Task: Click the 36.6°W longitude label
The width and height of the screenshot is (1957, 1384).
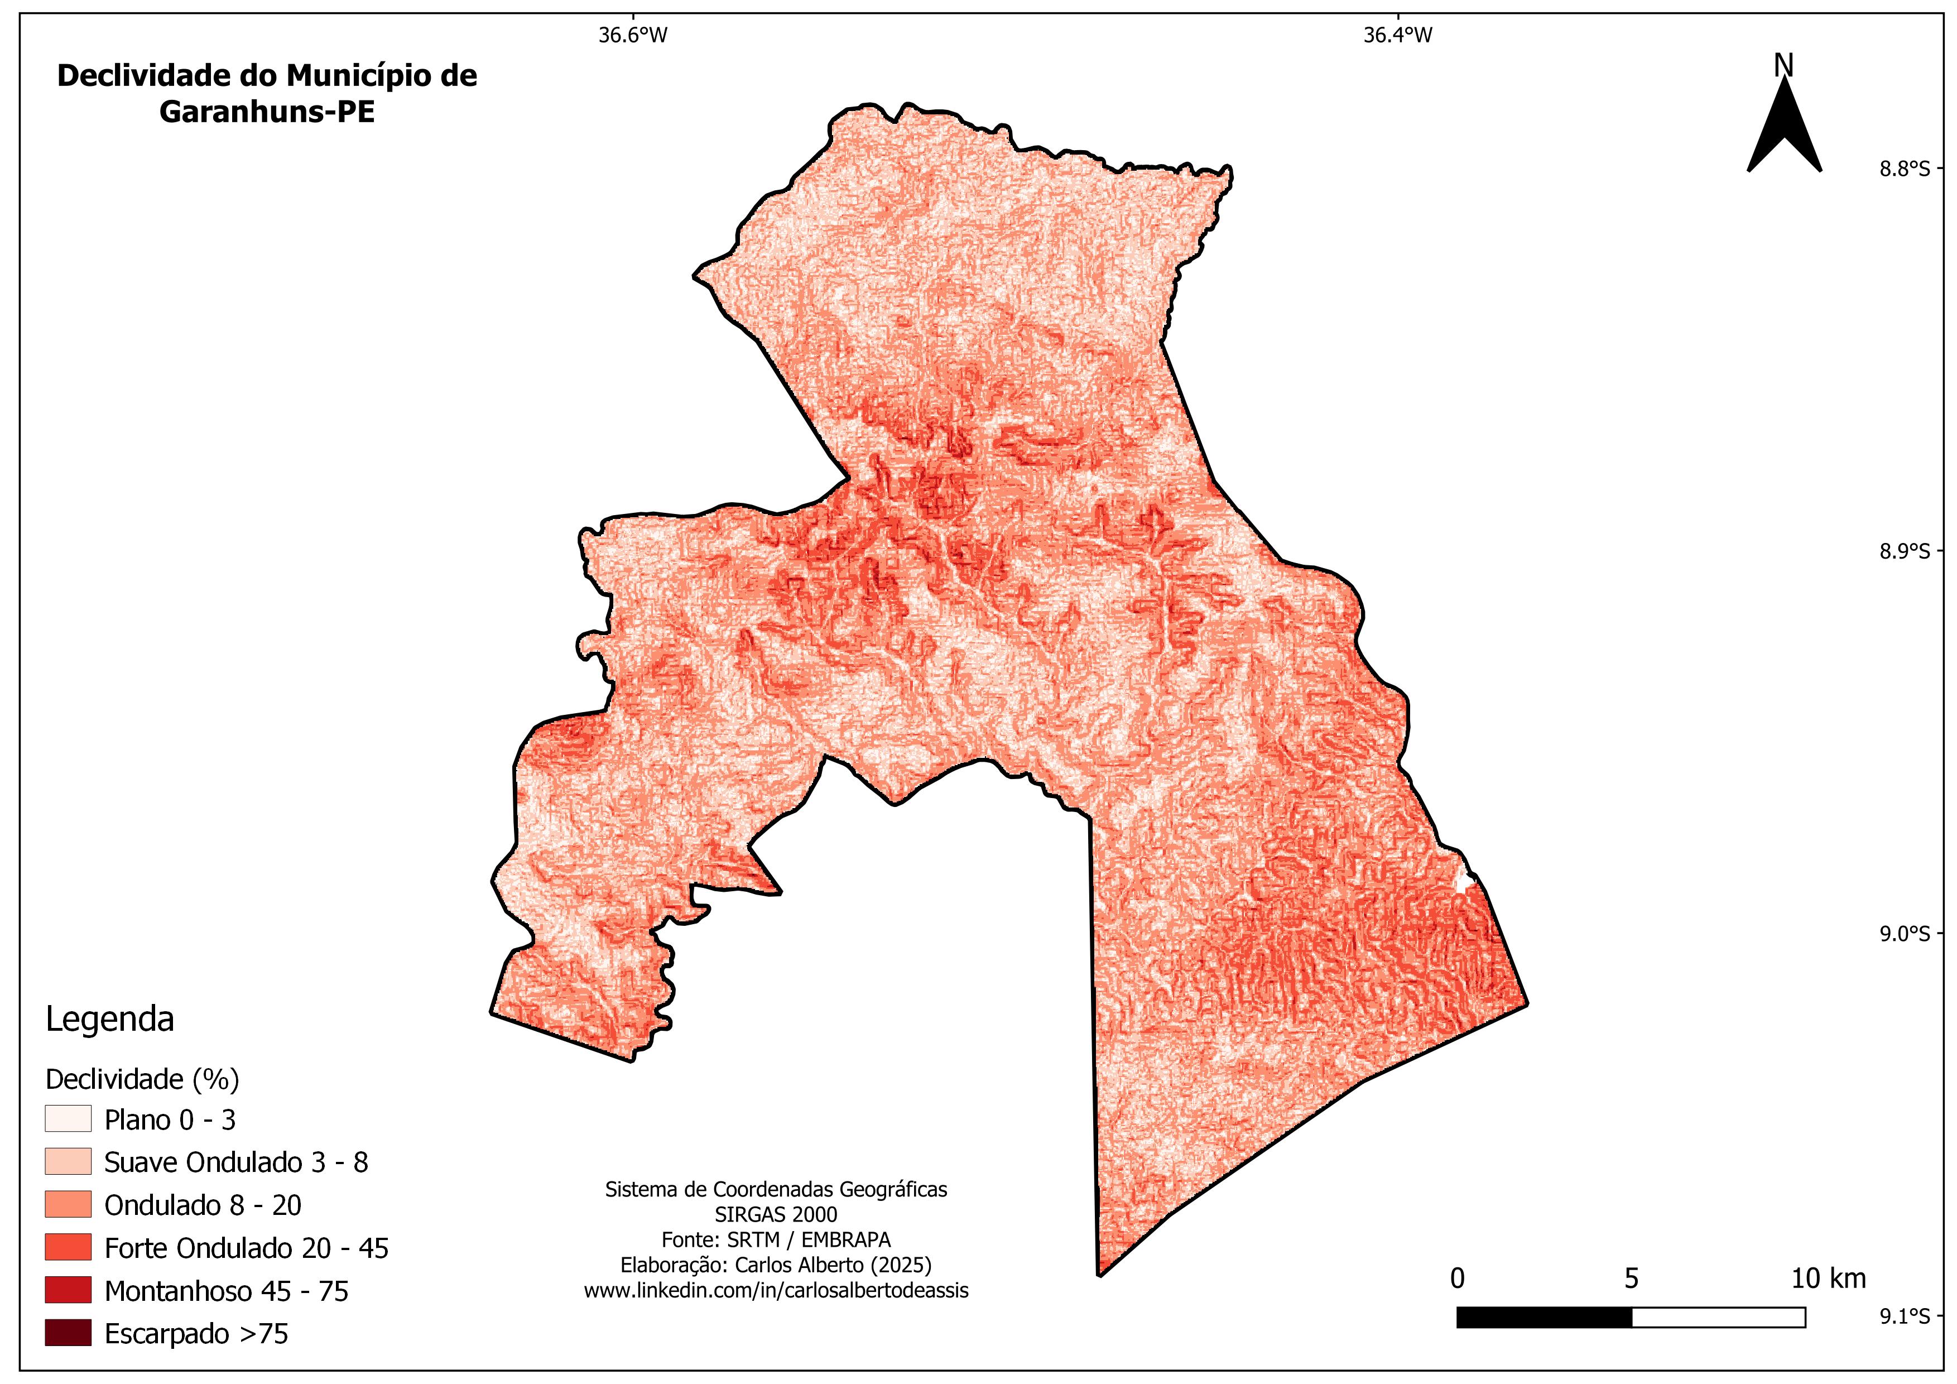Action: coord(632,35)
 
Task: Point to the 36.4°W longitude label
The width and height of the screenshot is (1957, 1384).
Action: coord(1398,35)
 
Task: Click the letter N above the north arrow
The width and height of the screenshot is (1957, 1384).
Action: coord(1783,66)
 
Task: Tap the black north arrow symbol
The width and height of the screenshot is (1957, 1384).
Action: coord(1784,132)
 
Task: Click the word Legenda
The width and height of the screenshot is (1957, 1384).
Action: coord(109,1019)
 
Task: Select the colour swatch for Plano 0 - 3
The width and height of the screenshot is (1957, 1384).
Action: coord(68,1119)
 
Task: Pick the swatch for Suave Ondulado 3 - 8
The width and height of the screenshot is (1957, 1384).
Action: coord(68,1161)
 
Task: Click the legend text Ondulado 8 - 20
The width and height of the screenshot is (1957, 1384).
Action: coord(203,1205)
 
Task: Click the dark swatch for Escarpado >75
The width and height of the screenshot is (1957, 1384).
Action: coord(68,1333)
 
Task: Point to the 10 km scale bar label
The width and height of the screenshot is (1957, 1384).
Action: coord(1828,1279)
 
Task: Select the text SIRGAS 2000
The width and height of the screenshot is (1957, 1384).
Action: coord(776,1214)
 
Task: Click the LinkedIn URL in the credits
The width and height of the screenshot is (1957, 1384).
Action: coord(776,1290)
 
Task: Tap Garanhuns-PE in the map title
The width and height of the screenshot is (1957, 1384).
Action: coord(267,112)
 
